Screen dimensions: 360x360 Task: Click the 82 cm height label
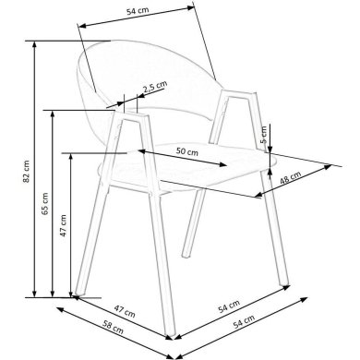point(27,172)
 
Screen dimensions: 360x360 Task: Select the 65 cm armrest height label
point(45,203)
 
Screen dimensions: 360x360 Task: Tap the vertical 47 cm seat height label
point(63,225)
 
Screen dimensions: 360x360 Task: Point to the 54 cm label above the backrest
point(138,11)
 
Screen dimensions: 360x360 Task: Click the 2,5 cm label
point(155,87)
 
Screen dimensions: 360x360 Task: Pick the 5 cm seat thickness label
point(264,135)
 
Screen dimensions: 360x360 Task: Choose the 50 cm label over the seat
point(187,151)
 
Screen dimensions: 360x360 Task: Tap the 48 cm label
point(290,178)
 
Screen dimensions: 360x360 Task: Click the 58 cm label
point(113,327)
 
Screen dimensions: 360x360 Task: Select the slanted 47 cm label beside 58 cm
point(125,311)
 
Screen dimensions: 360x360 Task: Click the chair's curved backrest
point(145,77)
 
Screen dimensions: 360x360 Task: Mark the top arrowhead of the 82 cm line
point(34,44)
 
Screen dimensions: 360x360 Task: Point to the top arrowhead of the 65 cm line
point(53,114)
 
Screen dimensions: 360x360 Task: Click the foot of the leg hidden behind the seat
point(186,254)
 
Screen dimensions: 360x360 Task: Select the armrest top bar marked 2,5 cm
point(131,115)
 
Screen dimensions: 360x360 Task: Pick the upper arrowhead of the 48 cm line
point(328,167)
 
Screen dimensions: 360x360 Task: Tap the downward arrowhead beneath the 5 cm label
point(270,150)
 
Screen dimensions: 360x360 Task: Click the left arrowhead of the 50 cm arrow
point(141,151)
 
